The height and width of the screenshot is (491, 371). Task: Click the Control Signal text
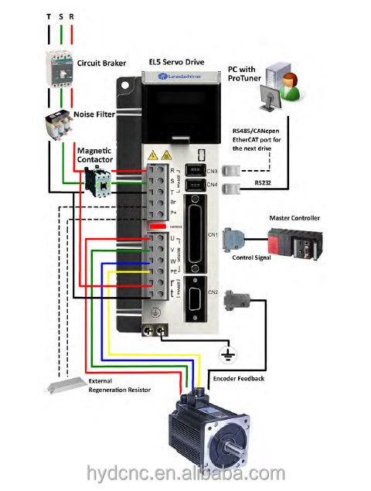point(254,268)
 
